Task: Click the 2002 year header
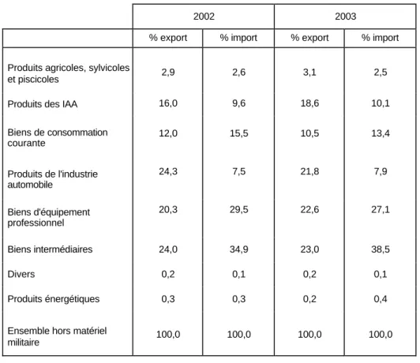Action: [x=204, y=17]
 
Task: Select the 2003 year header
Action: [x=346, y=17]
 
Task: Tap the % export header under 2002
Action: [x=168, y=38]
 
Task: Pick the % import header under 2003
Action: [x=380, y=38]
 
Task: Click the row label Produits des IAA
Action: [x=43, y=104]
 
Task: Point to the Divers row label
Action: [x=21, y=274]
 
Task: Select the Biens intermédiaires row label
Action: [x=50, y=249]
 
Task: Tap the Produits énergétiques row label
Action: [x=54, y=299]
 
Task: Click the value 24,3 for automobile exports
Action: [x=168, y=171]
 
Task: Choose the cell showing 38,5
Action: [x=381, y=249]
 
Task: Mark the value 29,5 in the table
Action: [x=238, y=209]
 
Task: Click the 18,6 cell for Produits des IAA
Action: [x=309, y=103]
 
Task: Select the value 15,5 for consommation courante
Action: [x=238, y=133]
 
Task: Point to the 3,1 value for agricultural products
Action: [x=309, y=73]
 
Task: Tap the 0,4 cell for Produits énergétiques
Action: [x=381, y=299]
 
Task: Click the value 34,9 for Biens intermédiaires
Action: [x=238, y=249]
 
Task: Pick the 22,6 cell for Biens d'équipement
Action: [x=309, y=209]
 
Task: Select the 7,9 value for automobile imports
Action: [x=381, y=171]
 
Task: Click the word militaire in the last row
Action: [x=24, y=342]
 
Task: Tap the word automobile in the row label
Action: [x=30, y=185]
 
